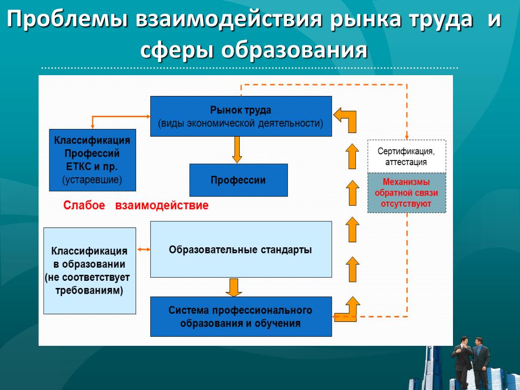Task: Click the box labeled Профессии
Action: click(x=238, y=180)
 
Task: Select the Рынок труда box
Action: click(x=241, y=116)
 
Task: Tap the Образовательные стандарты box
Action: click(x=241, y=249)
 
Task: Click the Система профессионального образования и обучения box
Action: click(x=241, y=316)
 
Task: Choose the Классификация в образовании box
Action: click(x=89, y=271)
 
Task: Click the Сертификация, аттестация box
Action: click(x=406, y=156)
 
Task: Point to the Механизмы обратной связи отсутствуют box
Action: click(x=406, y=193)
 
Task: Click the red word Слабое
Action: click(x=84, y=206)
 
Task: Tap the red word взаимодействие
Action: click(x=161, y=206)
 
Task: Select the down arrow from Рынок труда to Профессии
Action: click(x=237, y=149)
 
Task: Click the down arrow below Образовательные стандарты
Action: click(x=234, y=287)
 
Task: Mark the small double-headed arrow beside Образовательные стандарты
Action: click(x=144, y=249)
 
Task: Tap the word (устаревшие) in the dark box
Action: click(x=92, y=179)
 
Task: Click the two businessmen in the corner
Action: click(x=470, y=362)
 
